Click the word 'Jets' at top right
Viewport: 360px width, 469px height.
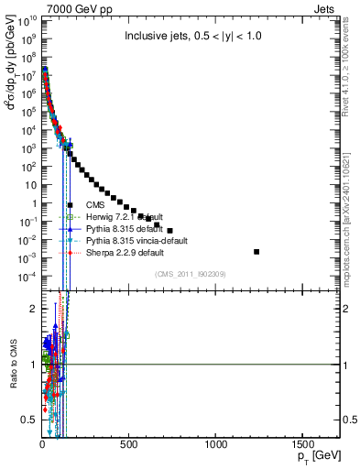click(326, 8)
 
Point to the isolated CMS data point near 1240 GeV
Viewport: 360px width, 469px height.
click(256, 251)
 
